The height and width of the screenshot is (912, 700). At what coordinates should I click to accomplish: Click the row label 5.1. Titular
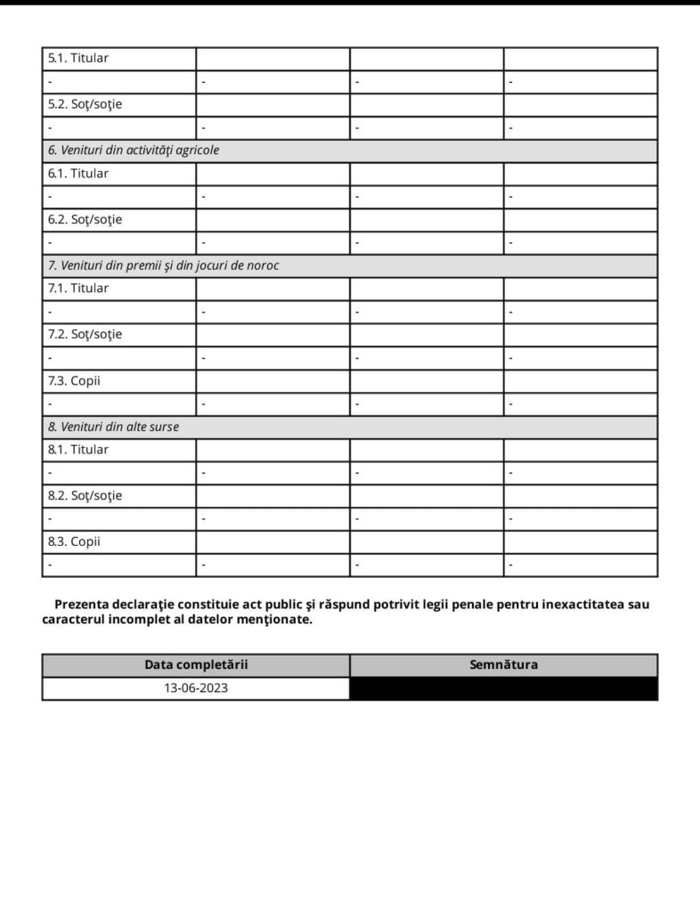(x=78, y=59)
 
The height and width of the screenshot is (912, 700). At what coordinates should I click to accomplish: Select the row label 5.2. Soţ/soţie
(x=85, y=105)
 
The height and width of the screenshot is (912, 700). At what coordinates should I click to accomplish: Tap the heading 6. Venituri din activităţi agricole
(x=134, y=151)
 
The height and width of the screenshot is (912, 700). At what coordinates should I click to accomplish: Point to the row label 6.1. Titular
(x=78, y=174)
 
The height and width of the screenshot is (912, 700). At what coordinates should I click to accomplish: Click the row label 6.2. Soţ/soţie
(x=85, y=219)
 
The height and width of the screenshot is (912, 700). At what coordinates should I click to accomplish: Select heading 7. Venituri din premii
(x=163, y=265)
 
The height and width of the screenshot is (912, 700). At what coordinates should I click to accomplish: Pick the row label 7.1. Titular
(x=78, y=289)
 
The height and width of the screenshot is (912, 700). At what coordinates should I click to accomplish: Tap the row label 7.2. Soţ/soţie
(x=85, y=335)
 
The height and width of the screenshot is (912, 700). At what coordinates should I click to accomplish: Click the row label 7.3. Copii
(x=74, y=380)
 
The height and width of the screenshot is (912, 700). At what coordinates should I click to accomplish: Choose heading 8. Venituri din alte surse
(x=113, y=427)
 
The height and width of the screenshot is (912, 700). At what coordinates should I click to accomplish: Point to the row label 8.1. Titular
(x=78, y=450)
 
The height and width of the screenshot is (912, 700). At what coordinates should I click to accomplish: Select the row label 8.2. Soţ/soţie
(x=85, y=495)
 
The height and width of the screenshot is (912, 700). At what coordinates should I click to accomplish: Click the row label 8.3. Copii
(x=74, y=541)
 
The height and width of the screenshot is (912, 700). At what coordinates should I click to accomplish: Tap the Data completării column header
(x=196, y=665)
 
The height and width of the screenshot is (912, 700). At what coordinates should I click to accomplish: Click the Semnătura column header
(x=503, y=665)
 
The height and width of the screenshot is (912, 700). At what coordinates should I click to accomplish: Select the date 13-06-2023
(x=196, y=688)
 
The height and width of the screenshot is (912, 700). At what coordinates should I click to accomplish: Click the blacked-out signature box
(x=503, y=688)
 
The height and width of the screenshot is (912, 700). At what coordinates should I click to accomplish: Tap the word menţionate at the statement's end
(x=273, y=620)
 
